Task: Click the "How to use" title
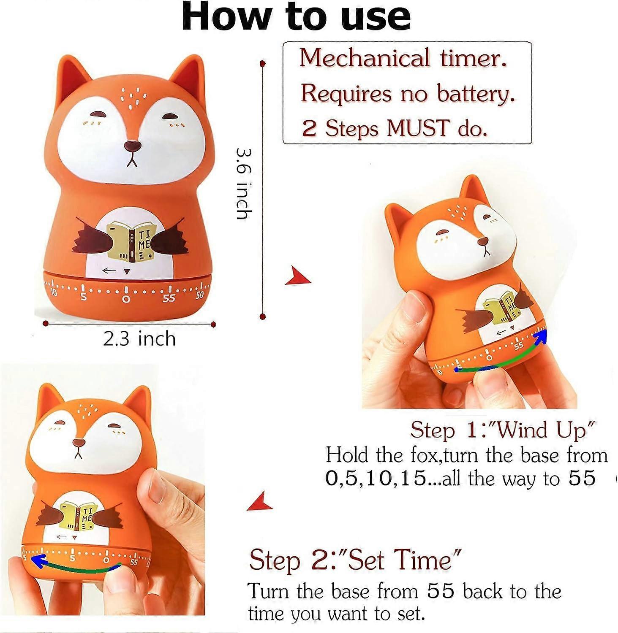pos(296,17)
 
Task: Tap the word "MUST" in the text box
pos(417,128)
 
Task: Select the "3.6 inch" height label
pos(244,184)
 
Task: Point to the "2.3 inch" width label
pos(139,339)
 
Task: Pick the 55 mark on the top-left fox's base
pos(169,298)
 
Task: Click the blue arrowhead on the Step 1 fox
pos(541,336)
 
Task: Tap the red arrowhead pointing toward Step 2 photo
pos(260,501)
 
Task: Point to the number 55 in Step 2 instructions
pos(441,591)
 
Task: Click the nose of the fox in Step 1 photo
pos(483,241)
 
